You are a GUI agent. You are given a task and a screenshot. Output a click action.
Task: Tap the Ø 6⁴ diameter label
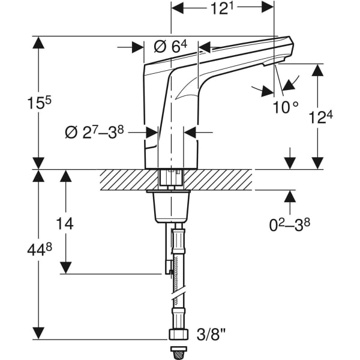(x=171, y=47)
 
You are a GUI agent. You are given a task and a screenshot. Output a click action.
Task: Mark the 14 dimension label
(x=65, y=224)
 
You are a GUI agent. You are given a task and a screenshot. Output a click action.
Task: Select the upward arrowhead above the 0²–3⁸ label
(x=290, y=197)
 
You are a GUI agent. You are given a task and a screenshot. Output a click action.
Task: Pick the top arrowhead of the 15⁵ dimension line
(x=39, y=42)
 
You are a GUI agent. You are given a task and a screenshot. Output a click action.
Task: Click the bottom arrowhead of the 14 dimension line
(x=65, y=268)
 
